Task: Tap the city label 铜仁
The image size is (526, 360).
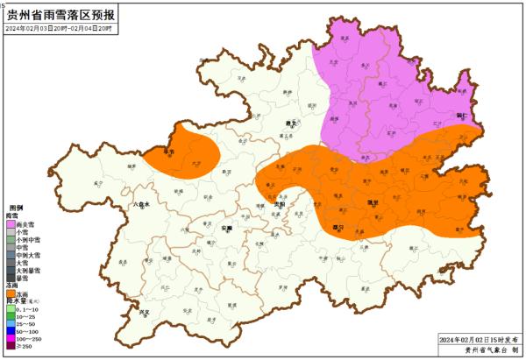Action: (x=462, y=114)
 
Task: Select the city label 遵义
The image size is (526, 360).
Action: (x=290, y=124)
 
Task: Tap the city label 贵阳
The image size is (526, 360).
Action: (x=280, y=204)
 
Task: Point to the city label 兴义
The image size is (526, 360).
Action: (x=145, y=311)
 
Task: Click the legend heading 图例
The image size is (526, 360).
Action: (x=16, y=207)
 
